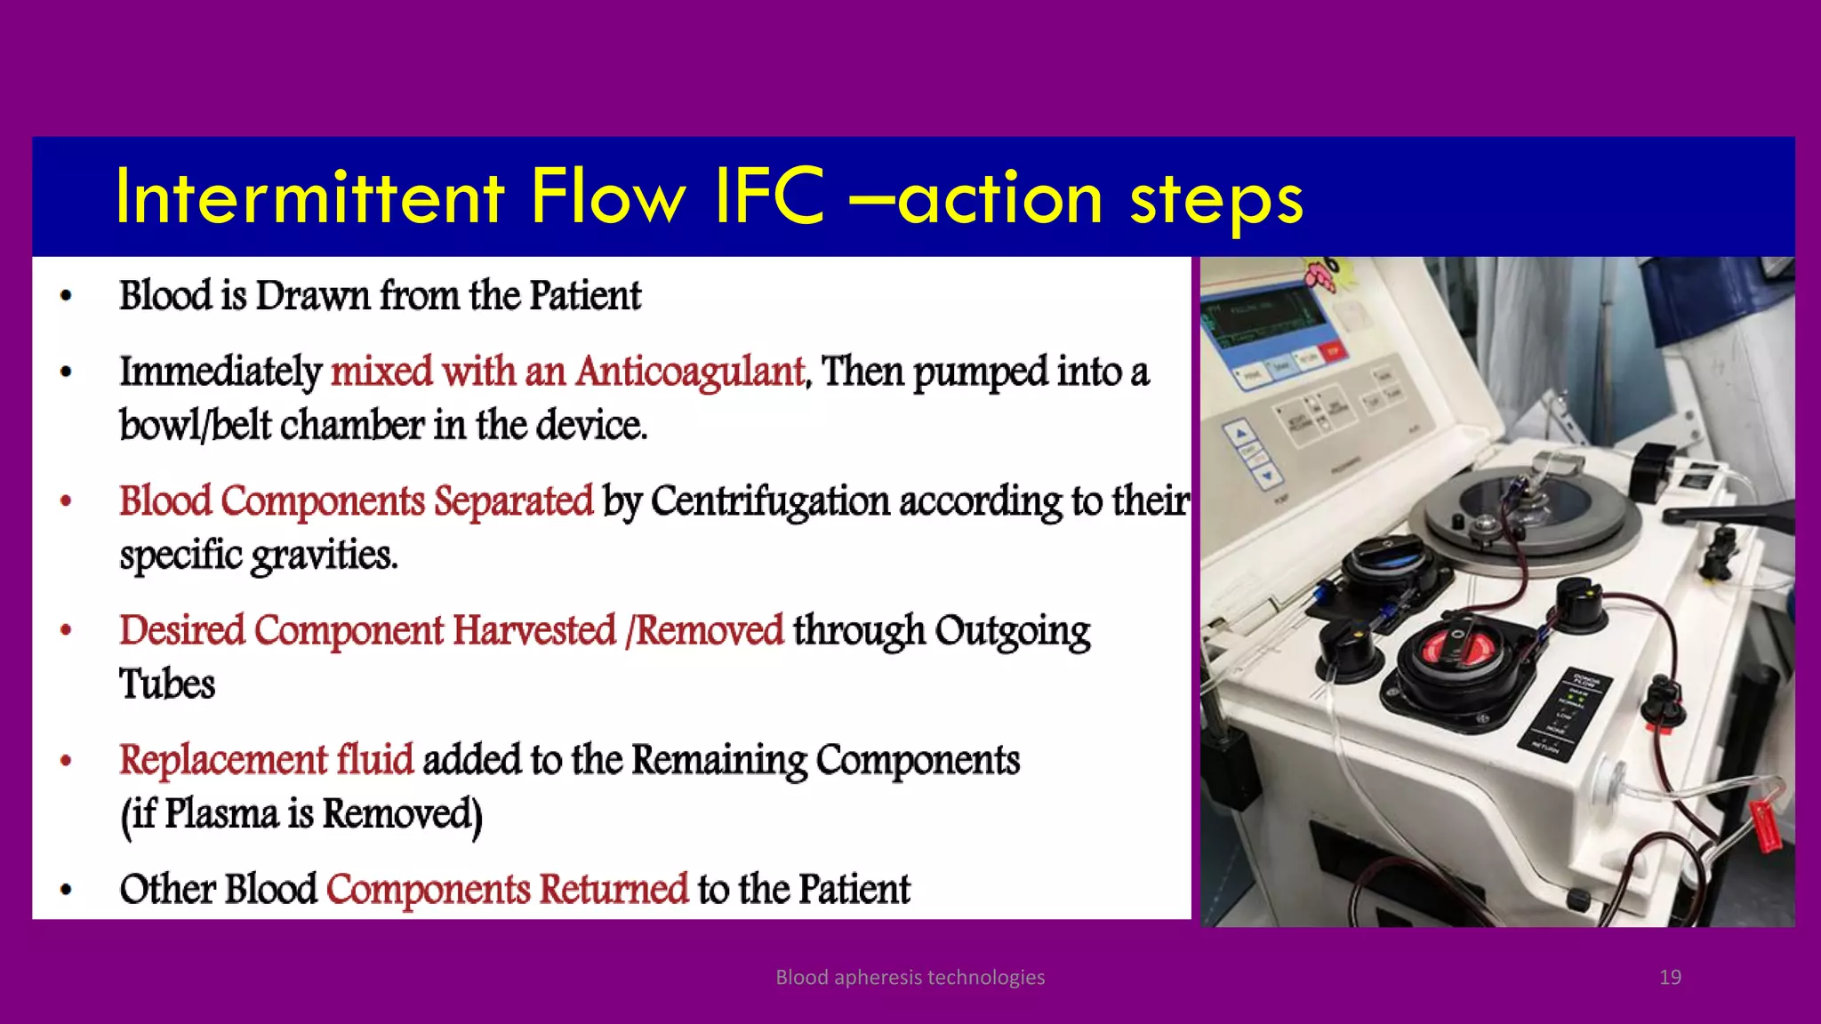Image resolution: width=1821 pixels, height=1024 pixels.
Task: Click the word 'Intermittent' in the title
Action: point(309,197)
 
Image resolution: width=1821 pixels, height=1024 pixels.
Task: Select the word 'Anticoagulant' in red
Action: point(690,372)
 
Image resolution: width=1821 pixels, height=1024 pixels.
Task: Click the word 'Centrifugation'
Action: point(770,501)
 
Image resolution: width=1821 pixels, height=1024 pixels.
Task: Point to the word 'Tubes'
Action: point(167,684)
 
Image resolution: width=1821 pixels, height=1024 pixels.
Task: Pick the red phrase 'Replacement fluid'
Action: point(266,760)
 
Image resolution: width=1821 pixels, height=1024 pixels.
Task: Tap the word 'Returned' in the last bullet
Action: point(614,889)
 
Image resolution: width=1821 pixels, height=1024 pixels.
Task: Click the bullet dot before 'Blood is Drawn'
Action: point(65,297)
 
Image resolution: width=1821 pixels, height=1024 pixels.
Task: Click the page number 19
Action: point(1670,977)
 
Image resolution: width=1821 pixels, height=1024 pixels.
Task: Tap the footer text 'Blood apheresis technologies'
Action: point(910,977)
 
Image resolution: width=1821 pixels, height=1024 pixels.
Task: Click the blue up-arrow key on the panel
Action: point(1239,434)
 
